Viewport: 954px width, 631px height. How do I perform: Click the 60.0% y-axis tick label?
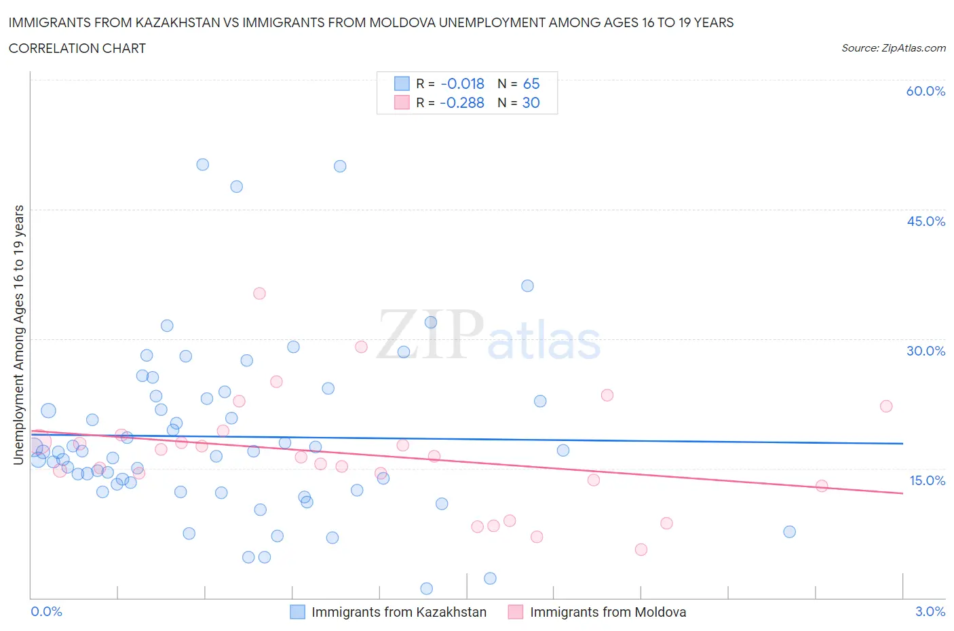click(926, 91)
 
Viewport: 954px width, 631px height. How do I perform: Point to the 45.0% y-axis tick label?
click(926, 221)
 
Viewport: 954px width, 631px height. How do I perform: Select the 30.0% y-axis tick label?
click(926, 351)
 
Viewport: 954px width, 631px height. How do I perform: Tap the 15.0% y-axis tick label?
click(927, 480)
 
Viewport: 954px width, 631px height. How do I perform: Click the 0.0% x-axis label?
click(46, 611)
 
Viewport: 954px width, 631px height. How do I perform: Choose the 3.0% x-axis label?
click(930, 611)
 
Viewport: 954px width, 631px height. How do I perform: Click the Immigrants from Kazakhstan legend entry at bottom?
click(398, 612)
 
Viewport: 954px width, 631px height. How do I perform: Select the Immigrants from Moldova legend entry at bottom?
click(607, 612)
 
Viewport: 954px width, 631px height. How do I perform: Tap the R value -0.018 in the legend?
click(462, 83)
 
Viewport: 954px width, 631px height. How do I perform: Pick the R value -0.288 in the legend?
click(462, 102)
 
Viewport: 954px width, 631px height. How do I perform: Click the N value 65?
click(531, 83)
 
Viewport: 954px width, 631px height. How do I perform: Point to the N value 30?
click(531, 102)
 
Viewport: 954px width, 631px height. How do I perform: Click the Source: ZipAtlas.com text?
click(893, 48)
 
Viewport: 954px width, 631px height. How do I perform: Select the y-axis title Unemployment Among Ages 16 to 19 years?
click(18, 335)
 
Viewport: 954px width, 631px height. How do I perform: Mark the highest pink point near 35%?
click(259, 294)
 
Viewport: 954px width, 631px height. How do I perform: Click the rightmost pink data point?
click(886, 406)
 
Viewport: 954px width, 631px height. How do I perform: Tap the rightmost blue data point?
click(789, 532)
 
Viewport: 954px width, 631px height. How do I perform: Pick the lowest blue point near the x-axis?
click(427, 589)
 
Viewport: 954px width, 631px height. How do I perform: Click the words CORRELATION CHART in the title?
click(77, 48)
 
